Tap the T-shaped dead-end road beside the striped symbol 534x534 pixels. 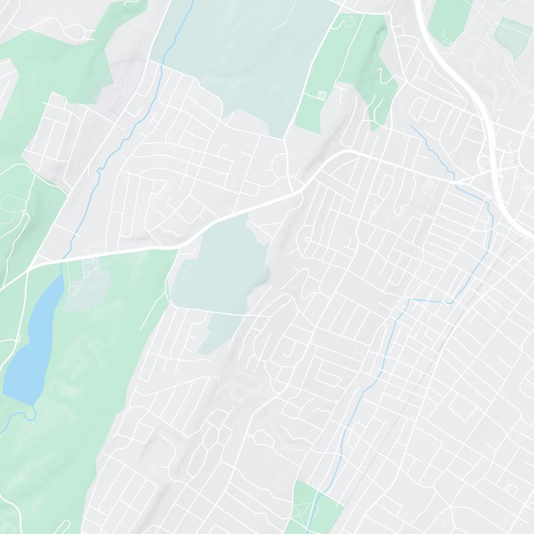[x=341, y=93]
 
